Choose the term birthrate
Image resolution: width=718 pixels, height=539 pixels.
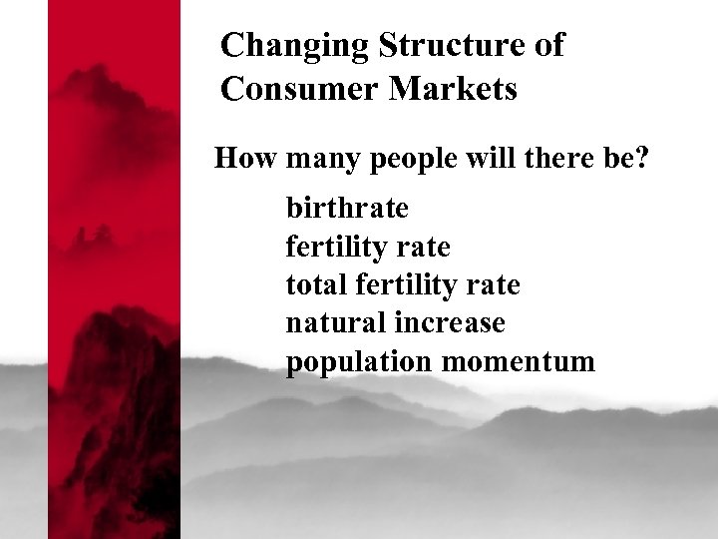[x=347, y=209]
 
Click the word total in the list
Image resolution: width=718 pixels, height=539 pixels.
[x=313, y=285]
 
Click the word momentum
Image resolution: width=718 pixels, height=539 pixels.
[x=518, y=362]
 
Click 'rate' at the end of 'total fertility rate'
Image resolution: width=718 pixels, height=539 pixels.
[x=493, y=286]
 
